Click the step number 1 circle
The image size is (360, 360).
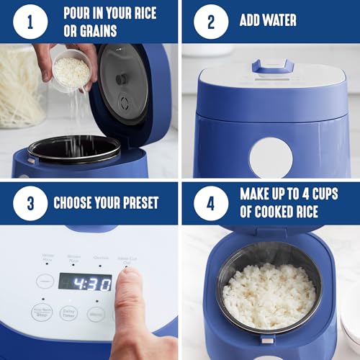click(x=30, y=22)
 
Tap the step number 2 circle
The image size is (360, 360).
click(x=210, y=22)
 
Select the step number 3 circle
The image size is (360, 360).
click(x=30, y=202)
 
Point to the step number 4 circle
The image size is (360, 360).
click(x=210, y=202)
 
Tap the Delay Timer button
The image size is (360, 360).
click(x=69, y=313)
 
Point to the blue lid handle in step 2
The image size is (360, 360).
click(x=271, y=66)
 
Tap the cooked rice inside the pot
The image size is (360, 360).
click(x=269, y=295)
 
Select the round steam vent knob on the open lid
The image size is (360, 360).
click(x=122, y=78)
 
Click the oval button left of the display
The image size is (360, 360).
click(x=45, y=281)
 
